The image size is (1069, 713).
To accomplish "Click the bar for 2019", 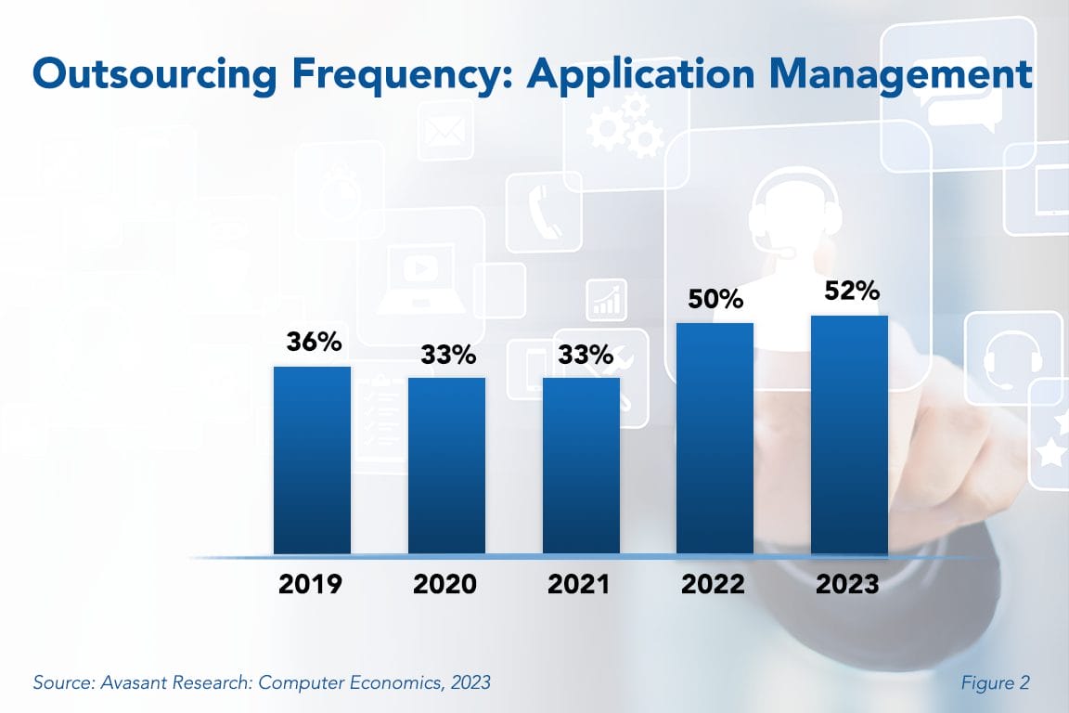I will [312, 460].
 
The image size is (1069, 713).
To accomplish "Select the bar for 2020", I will [446, 466].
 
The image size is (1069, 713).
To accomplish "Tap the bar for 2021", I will [581, 466].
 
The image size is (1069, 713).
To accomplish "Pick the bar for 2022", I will [715, 438].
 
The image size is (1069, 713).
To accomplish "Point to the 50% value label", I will [715, 299].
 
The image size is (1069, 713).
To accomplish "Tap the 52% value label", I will [851, 291].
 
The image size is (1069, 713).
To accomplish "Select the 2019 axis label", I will [311, 584].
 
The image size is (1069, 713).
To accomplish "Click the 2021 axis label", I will [579, 584].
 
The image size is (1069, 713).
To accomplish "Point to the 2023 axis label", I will [847, 584].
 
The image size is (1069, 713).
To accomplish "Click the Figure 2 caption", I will [996, 683].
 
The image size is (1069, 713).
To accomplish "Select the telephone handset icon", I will [539, 209].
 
